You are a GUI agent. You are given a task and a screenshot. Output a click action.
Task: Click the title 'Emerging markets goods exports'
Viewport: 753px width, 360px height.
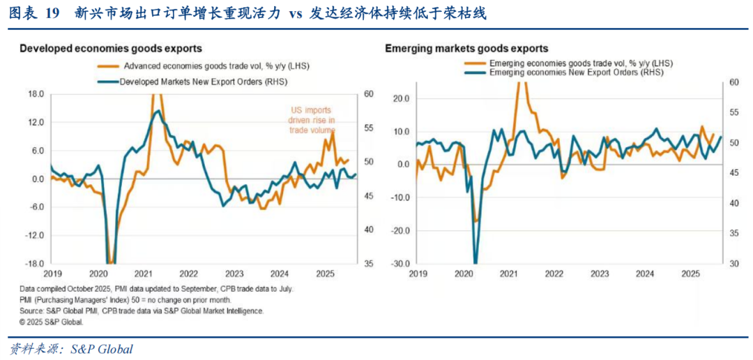tap(466, 49)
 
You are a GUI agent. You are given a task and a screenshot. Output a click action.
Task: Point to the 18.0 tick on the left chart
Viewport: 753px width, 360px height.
tap(36, 94)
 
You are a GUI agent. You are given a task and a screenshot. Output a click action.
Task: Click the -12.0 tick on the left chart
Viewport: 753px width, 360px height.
tap(34, 235)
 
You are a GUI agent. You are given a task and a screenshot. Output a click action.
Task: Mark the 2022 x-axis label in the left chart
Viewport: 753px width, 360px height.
tap(189, 274)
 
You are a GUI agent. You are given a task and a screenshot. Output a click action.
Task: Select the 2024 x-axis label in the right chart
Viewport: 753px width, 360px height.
tap(644, 274)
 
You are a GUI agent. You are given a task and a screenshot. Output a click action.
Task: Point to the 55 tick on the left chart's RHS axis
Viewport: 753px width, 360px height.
tap(368, 128)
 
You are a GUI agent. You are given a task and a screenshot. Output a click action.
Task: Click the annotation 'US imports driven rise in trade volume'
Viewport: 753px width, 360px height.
tap(312, 120)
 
